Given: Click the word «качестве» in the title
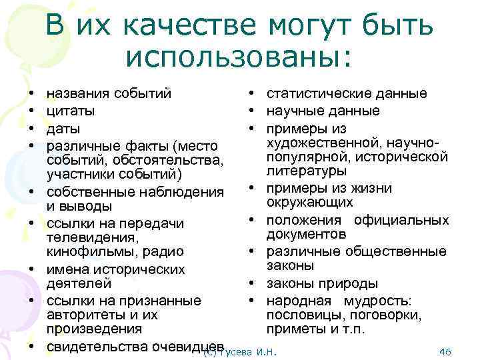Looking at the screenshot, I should pos(193,26).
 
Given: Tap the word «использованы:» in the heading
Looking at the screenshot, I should pos(237,57).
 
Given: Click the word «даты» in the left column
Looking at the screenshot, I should pos(63,127).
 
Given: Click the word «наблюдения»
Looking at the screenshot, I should pos(184,192).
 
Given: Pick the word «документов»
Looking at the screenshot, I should pos(306,235).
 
